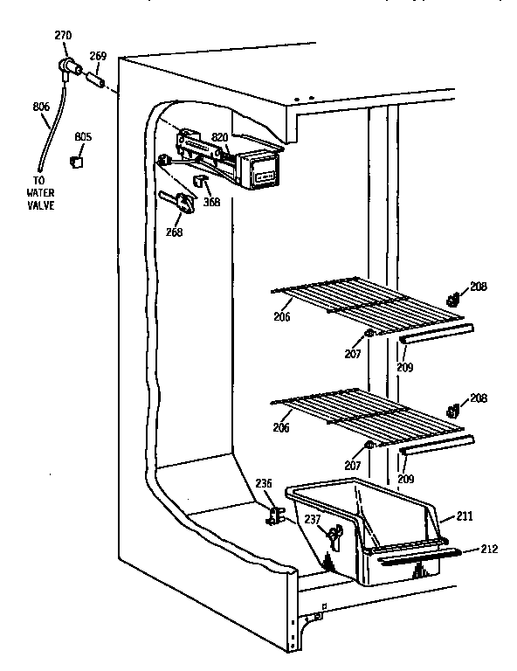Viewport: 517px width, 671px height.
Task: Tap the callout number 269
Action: [x=99, y=55]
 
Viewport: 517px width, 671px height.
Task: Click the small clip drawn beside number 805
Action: [x=76, y=160]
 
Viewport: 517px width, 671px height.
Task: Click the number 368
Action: [x=211, y=201]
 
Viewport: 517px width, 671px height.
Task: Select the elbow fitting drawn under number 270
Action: [x=67, y=66]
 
